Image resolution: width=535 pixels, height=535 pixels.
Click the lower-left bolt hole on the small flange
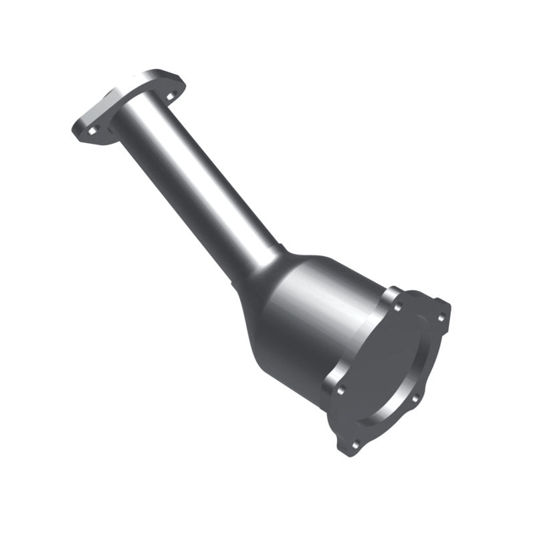click(x=89, y=131)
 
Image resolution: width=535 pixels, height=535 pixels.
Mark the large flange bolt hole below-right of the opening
click(x=415, y=399)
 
